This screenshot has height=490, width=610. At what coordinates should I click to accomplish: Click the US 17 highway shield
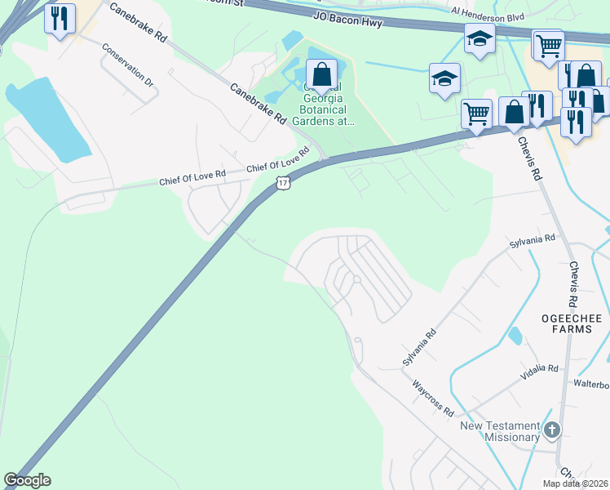282,184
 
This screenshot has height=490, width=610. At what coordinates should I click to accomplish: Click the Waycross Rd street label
432,398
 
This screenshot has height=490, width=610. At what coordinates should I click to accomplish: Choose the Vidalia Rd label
540,373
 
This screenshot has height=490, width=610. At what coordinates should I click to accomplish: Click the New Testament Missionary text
500,431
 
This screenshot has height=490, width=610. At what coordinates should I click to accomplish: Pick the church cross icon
552,430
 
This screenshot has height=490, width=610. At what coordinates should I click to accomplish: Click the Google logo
27,480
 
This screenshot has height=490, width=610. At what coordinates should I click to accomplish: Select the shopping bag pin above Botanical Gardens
322,75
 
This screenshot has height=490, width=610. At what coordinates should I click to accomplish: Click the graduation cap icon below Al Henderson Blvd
480,38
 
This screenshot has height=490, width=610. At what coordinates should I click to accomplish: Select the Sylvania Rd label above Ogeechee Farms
532,242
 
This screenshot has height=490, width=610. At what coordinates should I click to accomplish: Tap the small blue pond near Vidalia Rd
515,336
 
